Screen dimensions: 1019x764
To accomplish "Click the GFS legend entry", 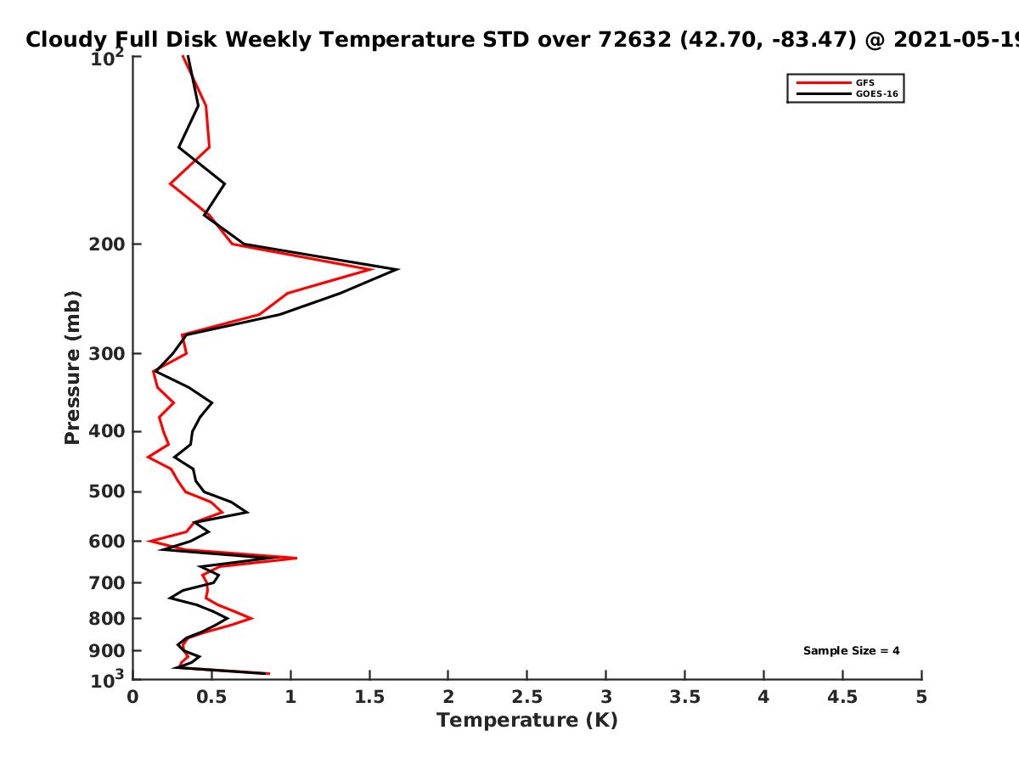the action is [836, 82].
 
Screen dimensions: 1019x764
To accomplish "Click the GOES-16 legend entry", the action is [847, 93].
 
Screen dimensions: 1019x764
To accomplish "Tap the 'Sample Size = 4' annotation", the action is [852, 651].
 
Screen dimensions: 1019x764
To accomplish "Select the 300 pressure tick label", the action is [107, 354].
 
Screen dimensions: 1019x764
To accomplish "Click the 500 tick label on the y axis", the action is [107, 492].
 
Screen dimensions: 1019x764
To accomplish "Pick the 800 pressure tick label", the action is [107, 619].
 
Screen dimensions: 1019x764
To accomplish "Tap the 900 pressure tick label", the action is [107, 651].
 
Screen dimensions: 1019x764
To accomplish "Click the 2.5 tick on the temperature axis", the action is [527, 697].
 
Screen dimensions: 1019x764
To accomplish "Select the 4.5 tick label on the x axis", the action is [842, 697].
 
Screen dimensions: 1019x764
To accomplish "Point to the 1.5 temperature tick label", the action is [369, 697].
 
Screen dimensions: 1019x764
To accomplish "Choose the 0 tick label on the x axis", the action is [132, 697].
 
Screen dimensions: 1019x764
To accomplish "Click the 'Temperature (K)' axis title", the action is [527, 721].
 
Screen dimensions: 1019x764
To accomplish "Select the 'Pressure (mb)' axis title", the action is [72, 368].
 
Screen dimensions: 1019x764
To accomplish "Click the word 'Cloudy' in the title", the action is [66, 41].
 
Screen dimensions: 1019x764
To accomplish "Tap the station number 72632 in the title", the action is [634, 40].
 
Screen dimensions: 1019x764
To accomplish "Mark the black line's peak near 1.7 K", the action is [398, 269].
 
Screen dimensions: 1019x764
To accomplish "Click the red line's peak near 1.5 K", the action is [372, 269].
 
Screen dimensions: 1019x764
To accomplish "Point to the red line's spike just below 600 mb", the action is [296, 558].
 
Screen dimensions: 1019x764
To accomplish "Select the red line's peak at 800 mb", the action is [252, 618].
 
